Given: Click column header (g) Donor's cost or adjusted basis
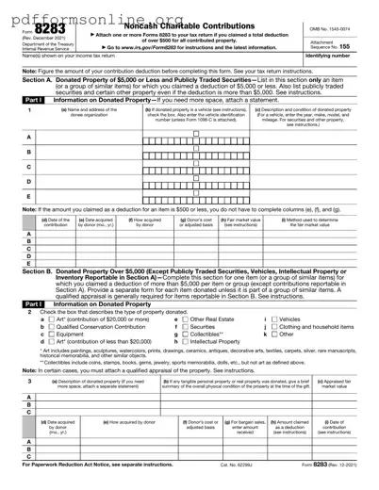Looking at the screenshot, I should [x=200, y=225].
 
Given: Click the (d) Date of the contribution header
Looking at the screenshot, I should [x=56, y=225].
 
